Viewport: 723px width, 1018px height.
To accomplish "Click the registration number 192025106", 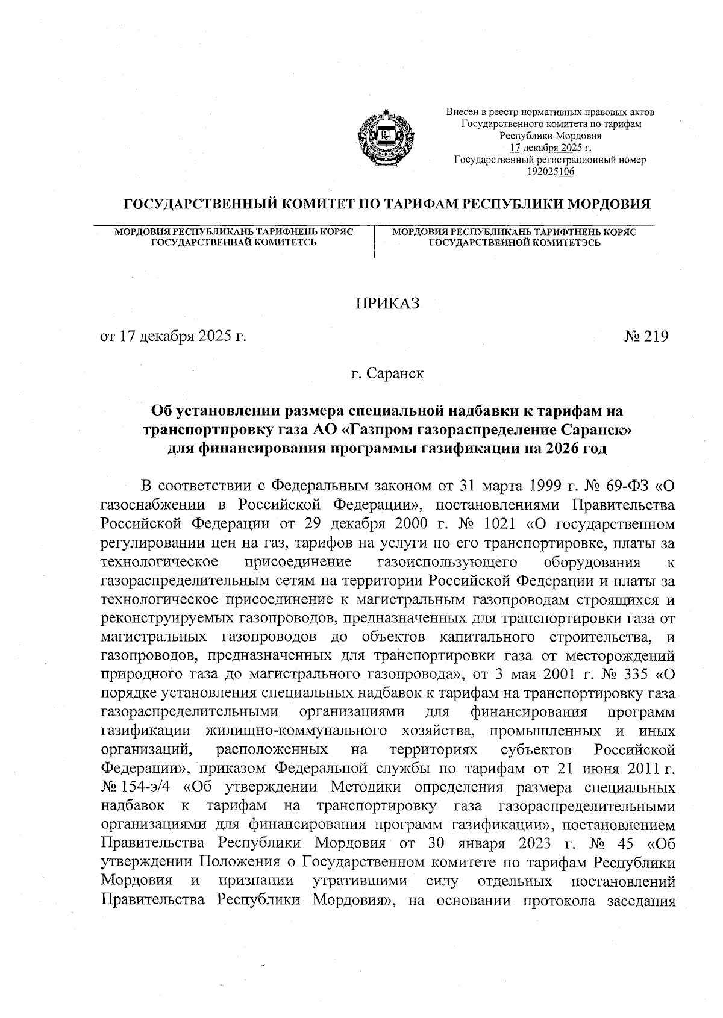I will (x=551, y=172).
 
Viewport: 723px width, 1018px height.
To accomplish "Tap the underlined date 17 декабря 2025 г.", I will (x=551, y=148).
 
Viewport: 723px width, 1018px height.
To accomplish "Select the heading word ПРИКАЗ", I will (x=387, y=304).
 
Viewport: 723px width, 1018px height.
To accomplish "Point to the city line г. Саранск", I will (x=387, y=373).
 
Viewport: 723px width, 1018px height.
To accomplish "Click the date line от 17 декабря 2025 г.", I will (x=174, y=337).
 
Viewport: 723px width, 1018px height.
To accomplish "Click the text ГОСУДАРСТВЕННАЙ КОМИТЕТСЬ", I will (x=234, y=242).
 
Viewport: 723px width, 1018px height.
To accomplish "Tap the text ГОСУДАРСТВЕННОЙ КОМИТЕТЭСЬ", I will (x=514, y=242).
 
